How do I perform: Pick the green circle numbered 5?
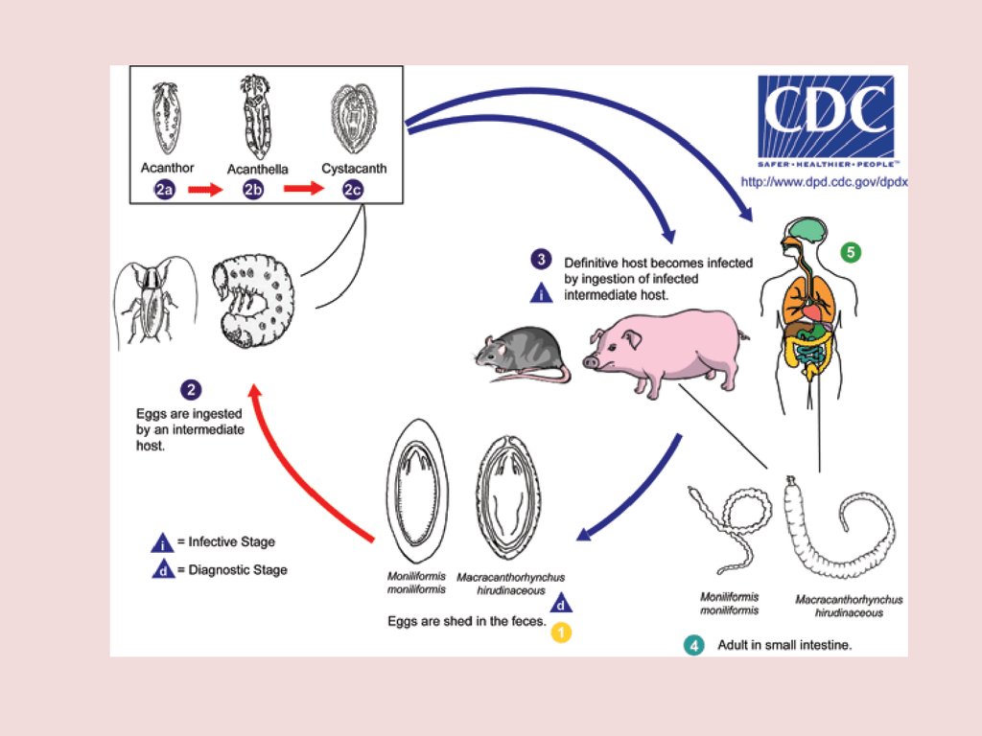point(850,253)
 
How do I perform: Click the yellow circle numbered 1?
point(561,632)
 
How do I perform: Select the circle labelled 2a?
point(164,190)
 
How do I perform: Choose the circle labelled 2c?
point(353,190)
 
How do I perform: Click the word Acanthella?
point(257,170)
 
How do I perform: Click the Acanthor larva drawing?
point(163,118)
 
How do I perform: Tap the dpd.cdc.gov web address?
point(823,181)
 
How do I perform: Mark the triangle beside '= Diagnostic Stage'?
point(162,569)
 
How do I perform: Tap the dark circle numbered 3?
point(542,260)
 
